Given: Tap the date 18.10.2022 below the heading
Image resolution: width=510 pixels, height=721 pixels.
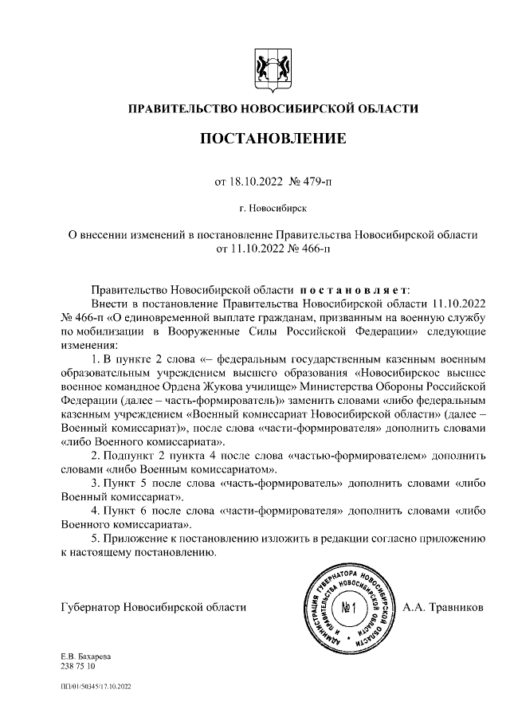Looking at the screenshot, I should [253, 182].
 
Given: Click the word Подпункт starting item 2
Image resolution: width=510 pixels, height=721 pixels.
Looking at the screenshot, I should [131, 456].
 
